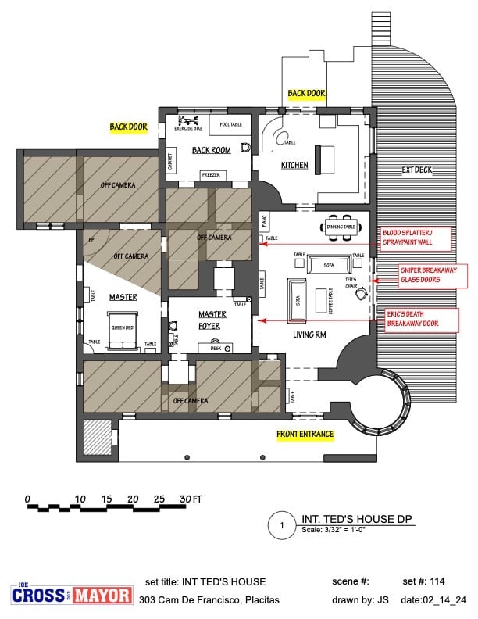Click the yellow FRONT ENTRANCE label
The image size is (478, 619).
tap(305, 435)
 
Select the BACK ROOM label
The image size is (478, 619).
tap(211, 150)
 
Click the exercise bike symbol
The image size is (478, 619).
tap(188, 121)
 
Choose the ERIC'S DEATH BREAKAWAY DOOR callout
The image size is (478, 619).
tap(422, 318)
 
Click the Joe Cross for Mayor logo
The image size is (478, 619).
tap(72, 595)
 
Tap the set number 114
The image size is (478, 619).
tap(443, 581)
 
